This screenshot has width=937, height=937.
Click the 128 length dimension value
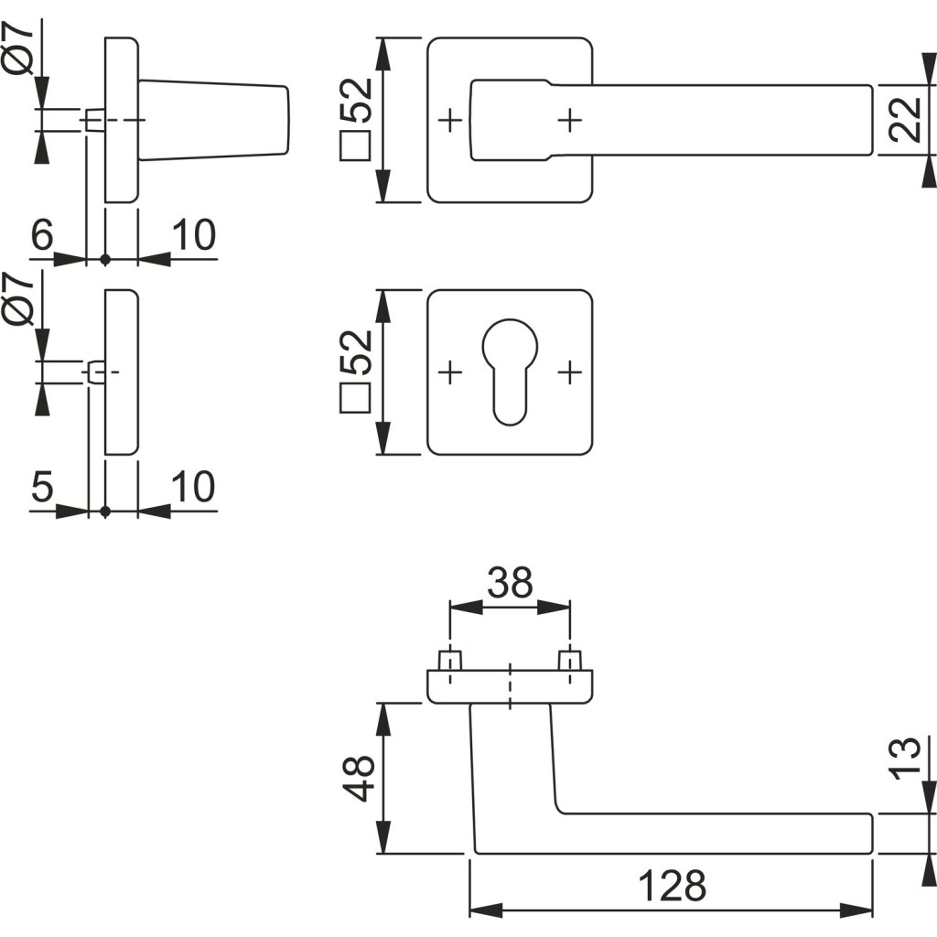coord(672,886)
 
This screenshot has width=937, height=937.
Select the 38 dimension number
coord(510,582)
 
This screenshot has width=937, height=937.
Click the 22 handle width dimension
coord(904,120)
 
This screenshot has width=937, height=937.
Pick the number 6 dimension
coord(42,236)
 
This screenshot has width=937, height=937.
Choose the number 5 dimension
coord(42,488)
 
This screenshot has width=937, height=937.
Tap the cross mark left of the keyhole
coord(449,372)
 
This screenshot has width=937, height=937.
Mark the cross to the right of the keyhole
coord(570,372)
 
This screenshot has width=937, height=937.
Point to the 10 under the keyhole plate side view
coord(193,488)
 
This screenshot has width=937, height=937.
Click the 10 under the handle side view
coord(193,236)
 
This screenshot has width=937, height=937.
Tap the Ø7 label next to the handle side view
coord(19,51)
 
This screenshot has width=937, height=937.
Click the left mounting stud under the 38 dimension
coord(449,661)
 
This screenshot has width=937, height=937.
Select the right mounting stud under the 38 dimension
coord(570,661)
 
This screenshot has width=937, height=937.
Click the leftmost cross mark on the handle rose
coord(449,120)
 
